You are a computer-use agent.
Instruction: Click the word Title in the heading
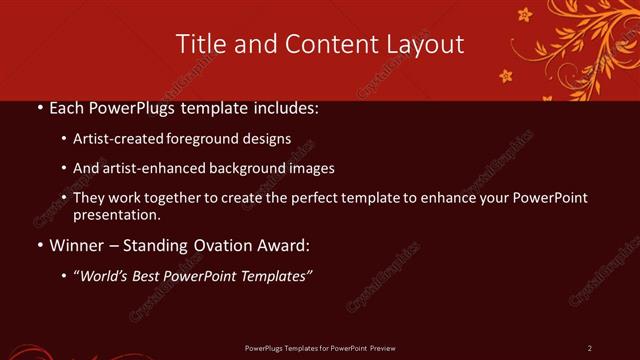coord(199,44)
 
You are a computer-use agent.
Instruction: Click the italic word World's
coord(104,276)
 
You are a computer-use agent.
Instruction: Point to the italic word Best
coord(149,276)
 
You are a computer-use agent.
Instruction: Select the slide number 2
coord(590,348)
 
